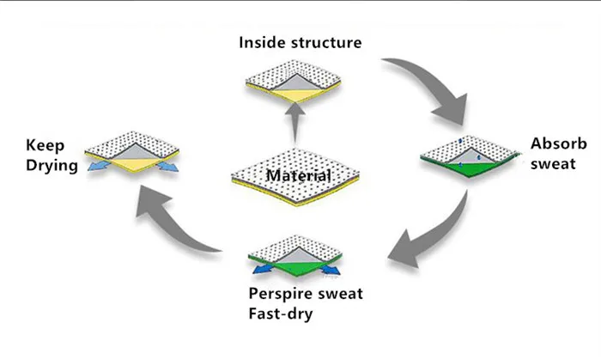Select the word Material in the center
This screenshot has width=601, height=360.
[298, 177]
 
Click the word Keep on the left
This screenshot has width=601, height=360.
[44, 145]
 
